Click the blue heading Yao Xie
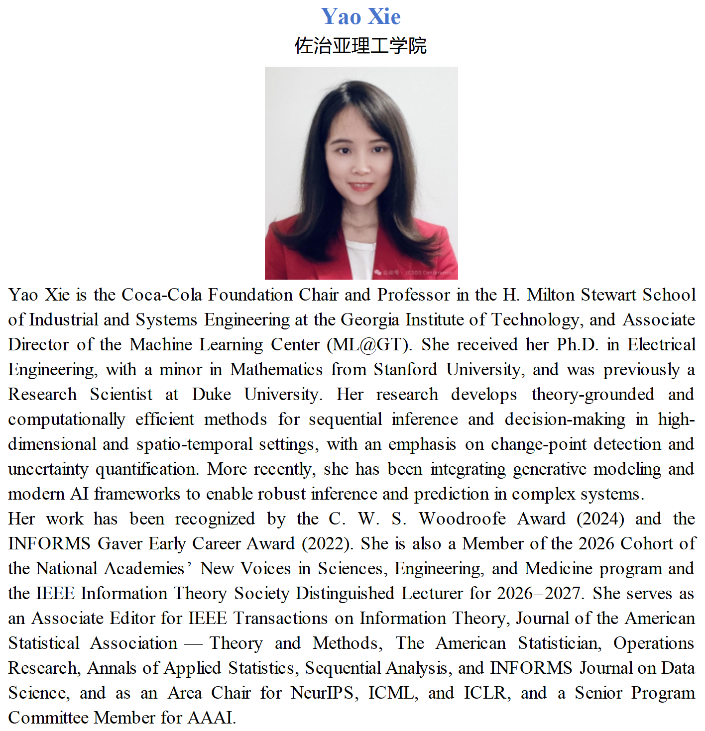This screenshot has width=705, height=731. [x=360, y=16]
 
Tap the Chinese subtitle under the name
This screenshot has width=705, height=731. [x=360, y=46]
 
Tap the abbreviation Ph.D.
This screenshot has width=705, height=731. [x=577, y=344]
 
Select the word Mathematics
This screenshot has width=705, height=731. [x=276, y=369]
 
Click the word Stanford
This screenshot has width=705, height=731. [x=405, y=369]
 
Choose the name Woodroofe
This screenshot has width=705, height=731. [x=462, y=519]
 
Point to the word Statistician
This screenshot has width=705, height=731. [x=559, y=643]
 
